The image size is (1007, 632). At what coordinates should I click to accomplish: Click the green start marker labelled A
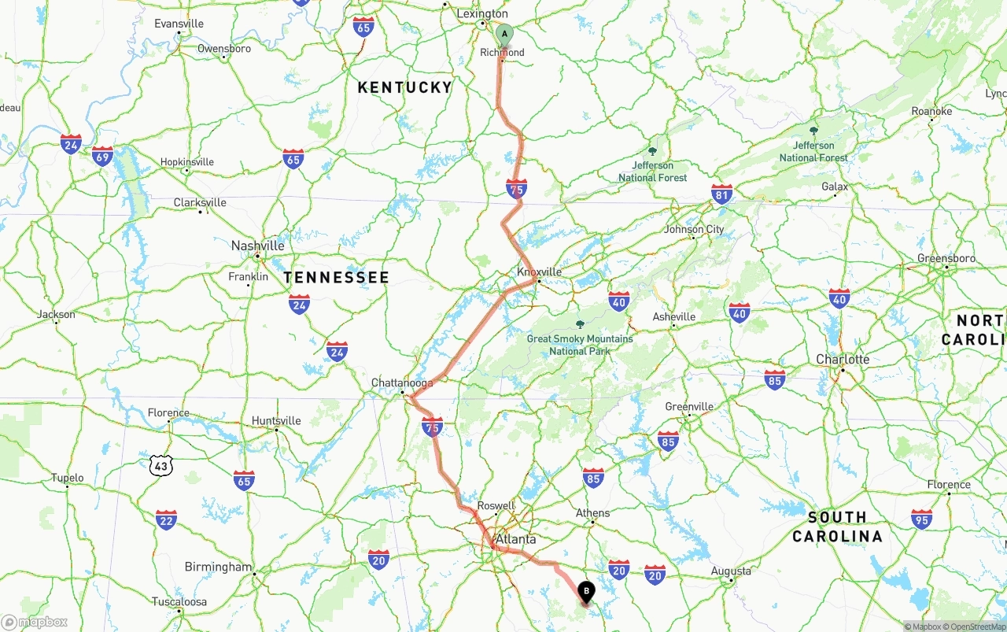point(504,35)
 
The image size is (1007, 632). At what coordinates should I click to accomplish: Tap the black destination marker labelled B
point(586,592)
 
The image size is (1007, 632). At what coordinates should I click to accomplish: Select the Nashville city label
point(257,246)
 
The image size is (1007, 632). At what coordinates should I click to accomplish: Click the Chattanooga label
point(401,383)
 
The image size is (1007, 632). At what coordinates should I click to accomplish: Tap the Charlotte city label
point(843,359)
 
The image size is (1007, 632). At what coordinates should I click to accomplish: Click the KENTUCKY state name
point(404,87)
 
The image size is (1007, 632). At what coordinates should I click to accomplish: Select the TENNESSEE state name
point(336,277)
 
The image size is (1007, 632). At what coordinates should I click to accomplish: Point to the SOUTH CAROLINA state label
point(837,527)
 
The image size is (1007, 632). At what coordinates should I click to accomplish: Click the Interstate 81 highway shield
point(721,194)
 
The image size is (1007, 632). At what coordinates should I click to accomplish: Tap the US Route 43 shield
point(160,466)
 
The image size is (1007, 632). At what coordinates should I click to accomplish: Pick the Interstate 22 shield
point(166,519)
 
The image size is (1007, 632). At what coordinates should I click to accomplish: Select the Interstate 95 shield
point(921,519)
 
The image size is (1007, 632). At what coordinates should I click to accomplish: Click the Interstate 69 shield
point(102,156)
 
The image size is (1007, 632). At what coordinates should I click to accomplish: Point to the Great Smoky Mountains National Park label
point(580,344)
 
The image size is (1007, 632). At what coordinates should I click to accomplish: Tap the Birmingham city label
point(218,567)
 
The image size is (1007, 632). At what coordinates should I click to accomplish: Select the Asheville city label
point(674,316)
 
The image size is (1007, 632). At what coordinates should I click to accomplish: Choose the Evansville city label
point(179,24)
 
